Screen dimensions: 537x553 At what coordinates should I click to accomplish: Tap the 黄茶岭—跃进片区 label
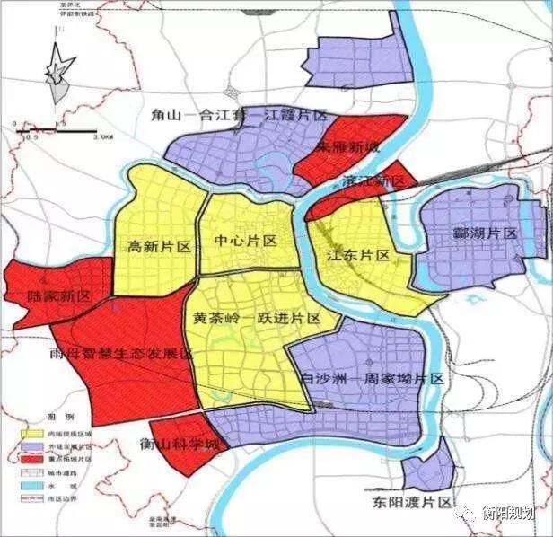pos(257,319)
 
